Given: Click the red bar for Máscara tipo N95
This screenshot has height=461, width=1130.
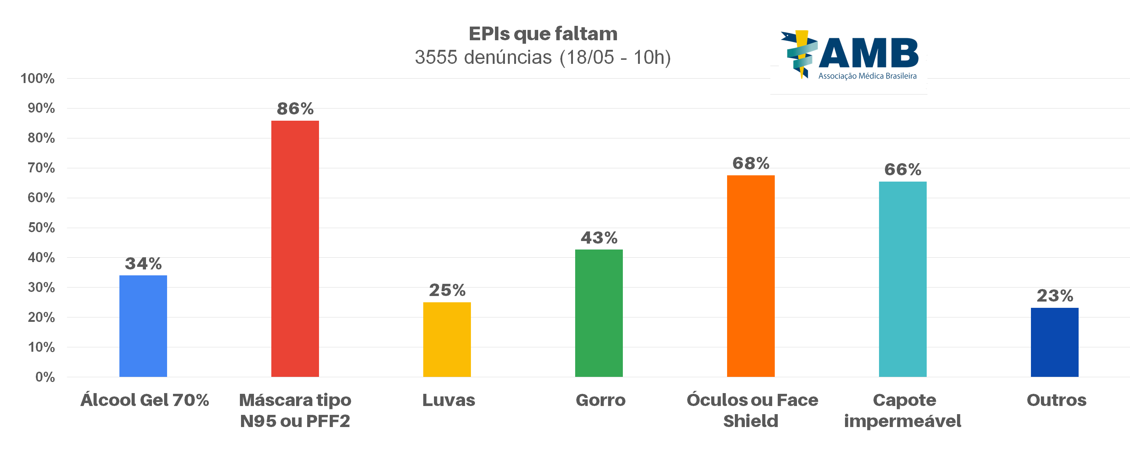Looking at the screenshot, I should coord(295,248).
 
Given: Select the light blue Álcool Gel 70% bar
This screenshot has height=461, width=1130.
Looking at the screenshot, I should coord(143,326).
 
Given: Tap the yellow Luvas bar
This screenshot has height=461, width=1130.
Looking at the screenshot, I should coord(447,339).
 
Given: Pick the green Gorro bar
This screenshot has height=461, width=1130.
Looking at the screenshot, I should coord(599,313).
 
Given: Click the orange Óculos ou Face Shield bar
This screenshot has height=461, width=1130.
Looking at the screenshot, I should coord(750,276).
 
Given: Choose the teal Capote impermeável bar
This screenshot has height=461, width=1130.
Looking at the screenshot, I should coord(902,279).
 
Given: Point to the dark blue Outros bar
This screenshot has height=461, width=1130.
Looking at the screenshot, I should coord(1054,342).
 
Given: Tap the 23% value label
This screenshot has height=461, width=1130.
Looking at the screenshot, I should coord(1055,295).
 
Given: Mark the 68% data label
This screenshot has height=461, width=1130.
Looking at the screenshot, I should coord(750,163).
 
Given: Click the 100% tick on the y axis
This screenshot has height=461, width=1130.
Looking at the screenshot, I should coord(38,79).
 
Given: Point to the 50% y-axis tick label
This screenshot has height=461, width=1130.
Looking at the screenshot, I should coord(41,228).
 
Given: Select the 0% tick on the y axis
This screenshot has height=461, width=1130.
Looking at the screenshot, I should coord(45,377).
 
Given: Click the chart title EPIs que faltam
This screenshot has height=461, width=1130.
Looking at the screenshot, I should coord(543,34).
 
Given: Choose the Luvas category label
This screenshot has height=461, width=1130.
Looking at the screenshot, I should coord(448,400).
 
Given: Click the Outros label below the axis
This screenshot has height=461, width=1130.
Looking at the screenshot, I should coord(1056,400).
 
